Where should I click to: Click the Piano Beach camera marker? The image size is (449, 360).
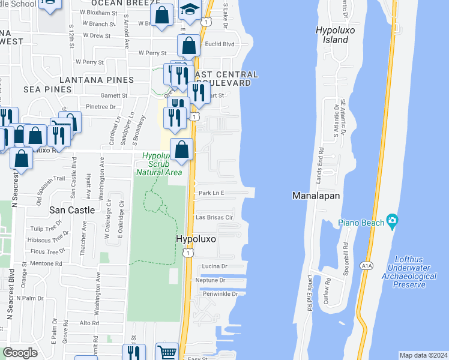tap(393, 221)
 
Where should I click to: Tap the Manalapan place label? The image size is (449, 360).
tap(316, 196)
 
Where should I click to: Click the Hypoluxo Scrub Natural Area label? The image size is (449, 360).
tap(158, 164)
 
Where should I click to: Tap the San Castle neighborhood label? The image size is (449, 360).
tap(72, 210)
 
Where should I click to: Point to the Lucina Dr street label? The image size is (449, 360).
tap(215, 266)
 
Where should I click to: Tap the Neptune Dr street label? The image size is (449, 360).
tap(210, 280)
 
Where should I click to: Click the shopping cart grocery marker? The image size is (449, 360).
tap(167, 353)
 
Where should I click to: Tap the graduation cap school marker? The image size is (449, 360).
tap(190, 10)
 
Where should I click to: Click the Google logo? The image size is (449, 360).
tap(20, 353)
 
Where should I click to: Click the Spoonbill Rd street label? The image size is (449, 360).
tap(346, 253)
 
